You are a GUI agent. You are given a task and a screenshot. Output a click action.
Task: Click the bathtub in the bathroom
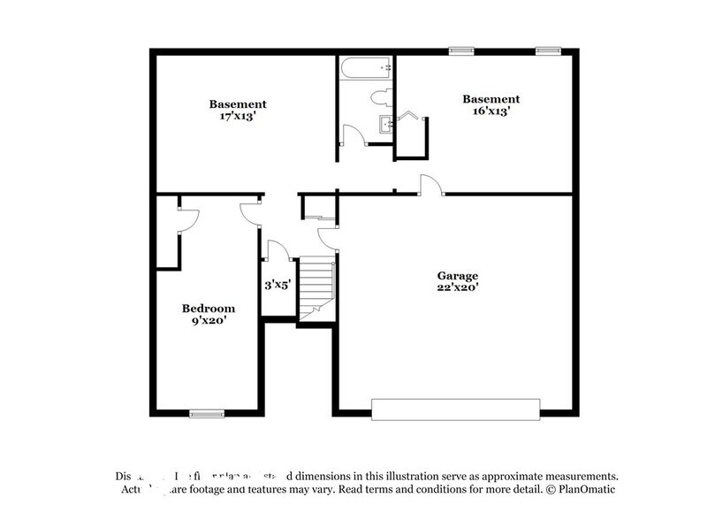365,66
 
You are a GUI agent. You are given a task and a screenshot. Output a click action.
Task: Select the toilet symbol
381,98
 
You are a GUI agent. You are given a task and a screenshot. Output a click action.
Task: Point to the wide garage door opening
455,409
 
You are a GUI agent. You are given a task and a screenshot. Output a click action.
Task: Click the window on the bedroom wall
207,412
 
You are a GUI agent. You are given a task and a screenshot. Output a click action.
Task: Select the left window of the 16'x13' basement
460,50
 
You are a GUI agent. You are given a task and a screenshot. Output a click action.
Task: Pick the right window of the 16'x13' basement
549,50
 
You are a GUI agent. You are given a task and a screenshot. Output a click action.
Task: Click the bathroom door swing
353,135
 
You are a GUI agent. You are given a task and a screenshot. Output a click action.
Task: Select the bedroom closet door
188,219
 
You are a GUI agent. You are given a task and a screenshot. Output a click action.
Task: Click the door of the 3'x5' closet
276,249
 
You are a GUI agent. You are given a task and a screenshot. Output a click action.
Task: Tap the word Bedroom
209,308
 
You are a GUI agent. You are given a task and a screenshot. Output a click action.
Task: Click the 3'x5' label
278,286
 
